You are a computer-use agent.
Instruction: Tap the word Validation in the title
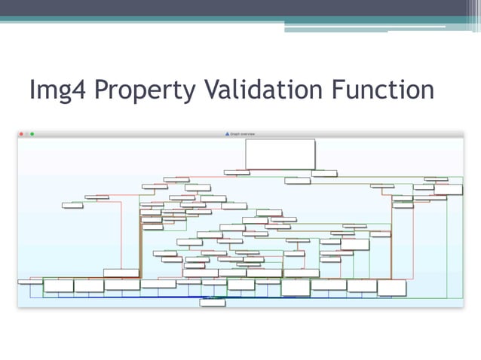(259, 90)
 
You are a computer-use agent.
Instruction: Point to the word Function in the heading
(382, 90)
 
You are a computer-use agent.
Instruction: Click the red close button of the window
(21, 134)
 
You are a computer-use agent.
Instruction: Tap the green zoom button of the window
(32, 134)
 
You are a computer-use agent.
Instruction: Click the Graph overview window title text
(243, 134)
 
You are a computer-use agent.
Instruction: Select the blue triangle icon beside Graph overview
(227, 134)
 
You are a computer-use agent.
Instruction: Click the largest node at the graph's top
(280, 154)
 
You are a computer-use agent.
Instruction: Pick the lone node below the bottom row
(213, 302)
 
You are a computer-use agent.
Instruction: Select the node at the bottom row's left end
(30, 282)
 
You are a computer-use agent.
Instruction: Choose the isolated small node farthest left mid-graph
(72, 205)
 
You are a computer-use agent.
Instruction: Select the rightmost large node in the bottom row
(391, 287)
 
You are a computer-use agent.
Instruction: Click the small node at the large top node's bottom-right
(324, 173)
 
